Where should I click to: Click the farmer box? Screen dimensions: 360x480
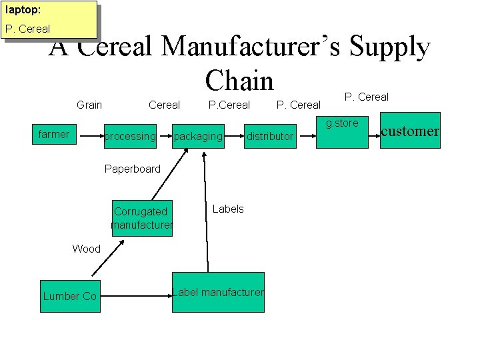(x=54, y=135)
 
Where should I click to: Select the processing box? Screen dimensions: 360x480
(x=129, y=136)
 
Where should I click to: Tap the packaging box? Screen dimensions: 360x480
(x=198, y=136)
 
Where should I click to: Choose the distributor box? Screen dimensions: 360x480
(x=270, y=136)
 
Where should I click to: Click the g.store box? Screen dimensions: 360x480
(x=342, y=130)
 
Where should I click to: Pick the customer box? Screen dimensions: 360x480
(x=409, y=131)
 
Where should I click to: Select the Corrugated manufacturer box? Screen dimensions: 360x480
(x=142, y=218)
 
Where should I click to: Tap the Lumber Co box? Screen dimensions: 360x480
(x=69, y=295)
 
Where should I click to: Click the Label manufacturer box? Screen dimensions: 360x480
(x=218, y=292)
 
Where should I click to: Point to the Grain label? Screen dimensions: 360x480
(x=89, y=105)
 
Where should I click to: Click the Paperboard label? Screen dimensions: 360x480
(x=133, y=169)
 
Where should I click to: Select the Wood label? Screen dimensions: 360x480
(x=86, y=249)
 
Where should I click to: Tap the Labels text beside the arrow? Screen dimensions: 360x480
(x=228, y=209)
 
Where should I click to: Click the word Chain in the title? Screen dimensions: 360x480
(x=239, y=81)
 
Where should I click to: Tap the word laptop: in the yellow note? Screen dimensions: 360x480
(x=23, y=10)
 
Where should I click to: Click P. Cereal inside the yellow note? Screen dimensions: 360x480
(x=27, y=29)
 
